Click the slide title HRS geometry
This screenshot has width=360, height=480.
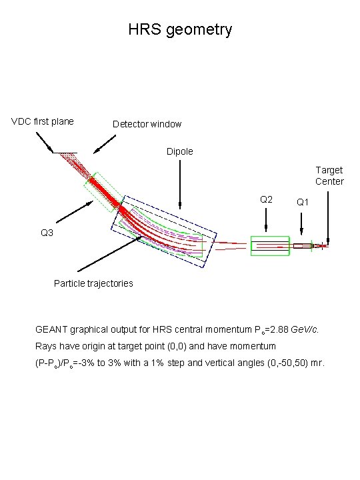(x=180, y=29)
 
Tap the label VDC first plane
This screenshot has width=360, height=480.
(x=43, y=121)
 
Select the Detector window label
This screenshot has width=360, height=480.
(x=147, y=124)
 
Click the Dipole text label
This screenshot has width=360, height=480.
(x=179, y=151)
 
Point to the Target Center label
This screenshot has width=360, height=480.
(x=329, y=176)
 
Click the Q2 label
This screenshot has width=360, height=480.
(x=265, y=199)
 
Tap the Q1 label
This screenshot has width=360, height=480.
(x=303, y=201)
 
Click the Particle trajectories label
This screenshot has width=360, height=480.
(x=93, y=283)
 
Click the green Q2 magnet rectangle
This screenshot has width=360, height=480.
(x=269, y=245)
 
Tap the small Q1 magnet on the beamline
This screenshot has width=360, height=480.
(x=302, y=246)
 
